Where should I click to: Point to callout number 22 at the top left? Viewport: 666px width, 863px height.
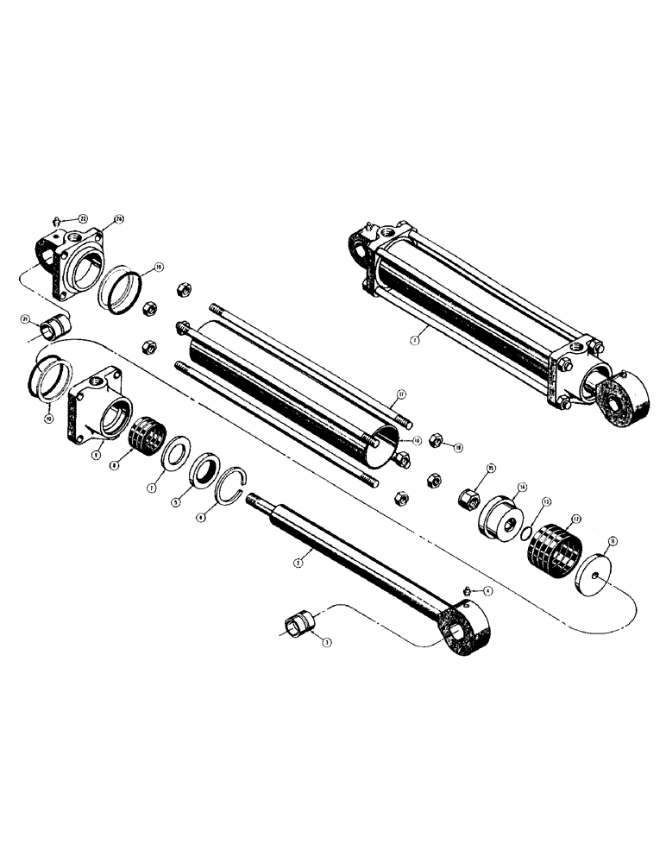pyautogui.click(x=82, y=217)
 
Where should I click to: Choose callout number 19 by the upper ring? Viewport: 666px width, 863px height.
pyautogui.click(x=159, y=268)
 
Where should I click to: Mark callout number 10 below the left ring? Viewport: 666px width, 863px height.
pyautogui.click(x=48, y=418)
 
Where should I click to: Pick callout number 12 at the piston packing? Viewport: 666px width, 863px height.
pyautogui.click(x=575, y=520)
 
